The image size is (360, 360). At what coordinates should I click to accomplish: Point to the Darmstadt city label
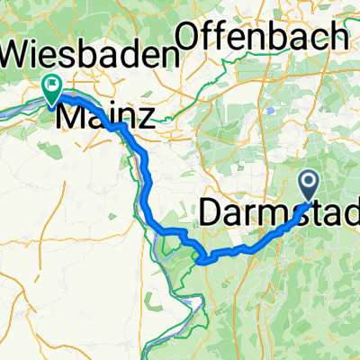tap(279, 213)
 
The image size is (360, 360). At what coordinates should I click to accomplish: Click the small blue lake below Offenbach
tap(271, 109)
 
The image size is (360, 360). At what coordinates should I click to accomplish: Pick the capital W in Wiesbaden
tap(18, 54)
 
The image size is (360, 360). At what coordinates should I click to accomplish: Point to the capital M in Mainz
tap(72, 115)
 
